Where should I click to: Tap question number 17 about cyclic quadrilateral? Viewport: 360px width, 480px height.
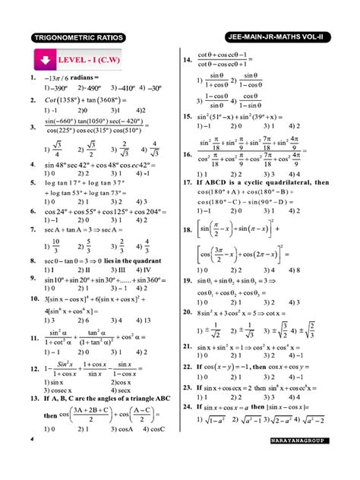pyautogui.click(x=187, y=183)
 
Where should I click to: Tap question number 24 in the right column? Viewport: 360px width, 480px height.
pyautogui.click(x=187, y=407)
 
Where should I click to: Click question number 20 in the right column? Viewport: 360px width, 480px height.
pyautogui.click(x=187, y=311)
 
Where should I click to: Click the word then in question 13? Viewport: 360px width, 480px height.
pyautogui.click(x=50, y=415)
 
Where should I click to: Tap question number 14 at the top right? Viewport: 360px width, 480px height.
pyautogui.click(x=187, y=60)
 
